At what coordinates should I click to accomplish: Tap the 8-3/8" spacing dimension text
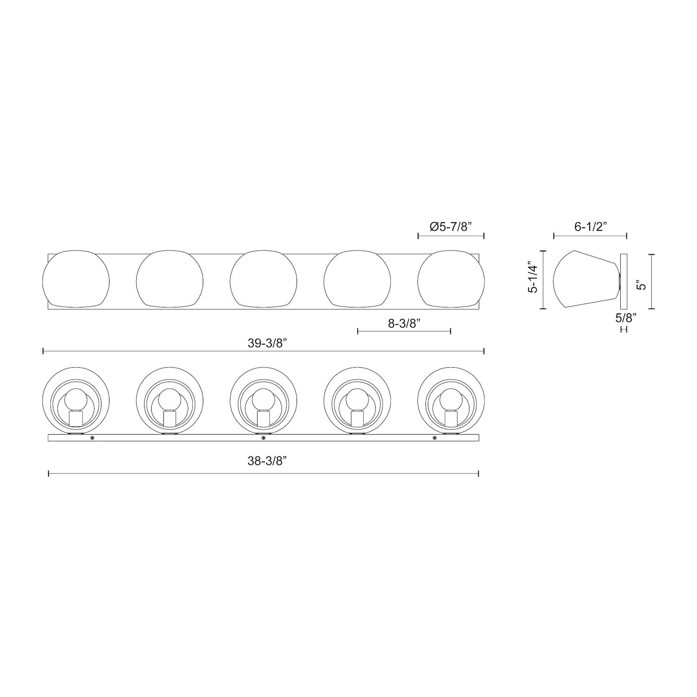pyautogui.click(x=404, y=323)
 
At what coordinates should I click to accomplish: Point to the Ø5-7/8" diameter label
pyautogui.click(x=451, y=227)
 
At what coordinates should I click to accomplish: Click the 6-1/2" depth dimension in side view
pyautogui.click(x=590, y=227)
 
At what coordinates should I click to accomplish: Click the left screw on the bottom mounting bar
pyautogui.click(x=92, y=438)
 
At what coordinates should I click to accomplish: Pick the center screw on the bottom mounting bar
pyautogui.click(x=263, y=438)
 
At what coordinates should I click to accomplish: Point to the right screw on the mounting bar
pyautogui.click(x=434, y=438)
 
